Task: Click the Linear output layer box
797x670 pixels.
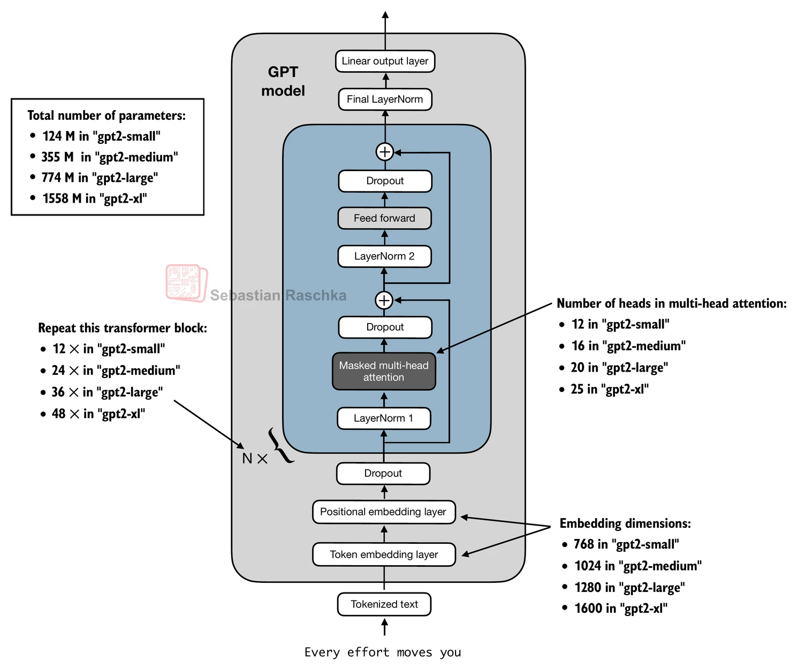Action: [x=385, y=61]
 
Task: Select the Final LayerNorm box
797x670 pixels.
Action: [x=385, y=99]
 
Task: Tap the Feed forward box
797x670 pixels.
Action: [x=384, y=218]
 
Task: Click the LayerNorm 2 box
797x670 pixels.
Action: [x=384, y=256]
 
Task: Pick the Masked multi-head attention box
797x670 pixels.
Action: [x=384, y=371]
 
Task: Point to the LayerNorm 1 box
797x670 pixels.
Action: [x=383, y=418]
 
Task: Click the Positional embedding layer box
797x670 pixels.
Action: [x=383, y=512]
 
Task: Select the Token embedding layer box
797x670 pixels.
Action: [x=384, y=555]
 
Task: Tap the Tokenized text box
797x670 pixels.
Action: [x=384, y=604]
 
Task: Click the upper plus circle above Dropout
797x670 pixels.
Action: [x=385, y=152]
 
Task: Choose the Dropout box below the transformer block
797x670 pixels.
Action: [x=383, y=473]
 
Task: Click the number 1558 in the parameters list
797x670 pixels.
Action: [x=55, y=198]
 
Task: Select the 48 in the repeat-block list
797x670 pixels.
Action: [x=58, y=414]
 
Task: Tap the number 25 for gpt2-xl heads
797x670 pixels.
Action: [x=577, y=389]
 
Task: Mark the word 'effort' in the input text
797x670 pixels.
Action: [x=368, y=652]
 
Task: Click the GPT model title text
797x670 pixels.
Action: [x=283, y=81]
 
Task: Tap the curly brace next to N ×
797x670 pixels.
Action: [x=280, y=445]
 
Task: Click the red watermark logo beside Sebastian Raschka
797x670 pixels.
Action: [x=186, y=283]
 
